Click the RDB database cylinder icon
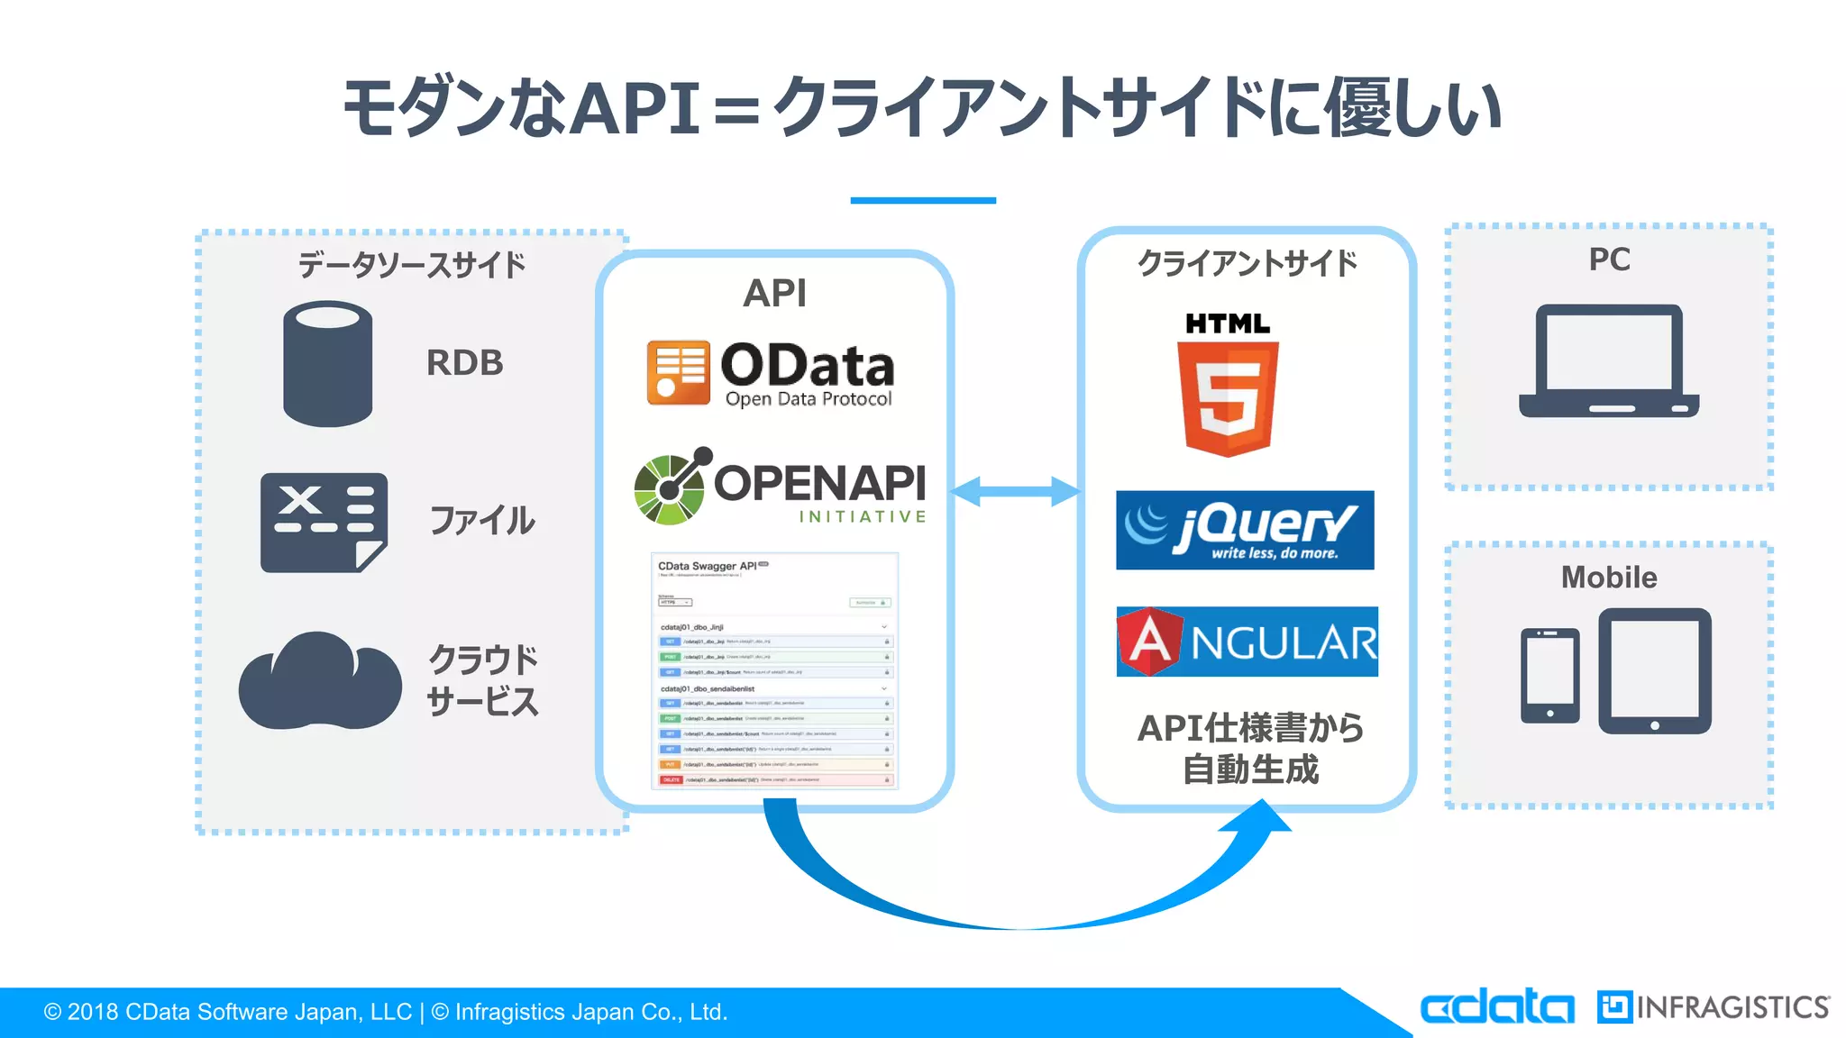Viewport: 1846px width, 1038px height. point(327,363)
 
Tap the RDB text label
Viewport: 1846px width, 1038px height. point(464,363)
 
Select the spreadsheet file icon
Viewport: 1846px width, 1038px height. point(324,523)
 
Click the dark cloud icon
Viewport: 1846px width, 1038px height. point(319,682)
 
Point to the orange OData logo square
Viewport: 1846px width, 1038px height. point(678,372)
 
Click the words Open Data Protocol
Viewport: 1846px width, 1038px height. point(809,399)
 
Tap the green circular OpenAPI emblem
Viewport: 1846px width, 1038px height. point(670,487)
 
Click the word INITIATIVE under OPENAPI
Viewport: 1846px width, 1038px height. point(862,517)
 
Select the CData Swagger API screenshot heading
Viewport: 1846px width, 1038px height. point(708,567)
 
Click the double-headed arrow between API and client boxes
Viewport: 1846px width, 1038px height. point(1015,491)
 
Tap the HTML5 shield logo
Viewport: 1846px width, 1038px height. point(1228,396)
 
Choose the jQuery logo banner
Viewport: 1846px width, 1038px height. point(1245,530)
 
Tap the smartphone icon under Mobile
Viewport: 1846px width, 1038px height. point(1549,676)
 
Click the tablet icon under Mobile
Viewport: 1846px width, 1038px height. point(1654,670)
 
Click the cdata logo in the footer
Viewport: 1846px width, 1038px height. point(1496,1006)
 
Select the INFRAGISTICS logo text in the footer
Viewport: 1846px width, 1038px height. point(1731,1007)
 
